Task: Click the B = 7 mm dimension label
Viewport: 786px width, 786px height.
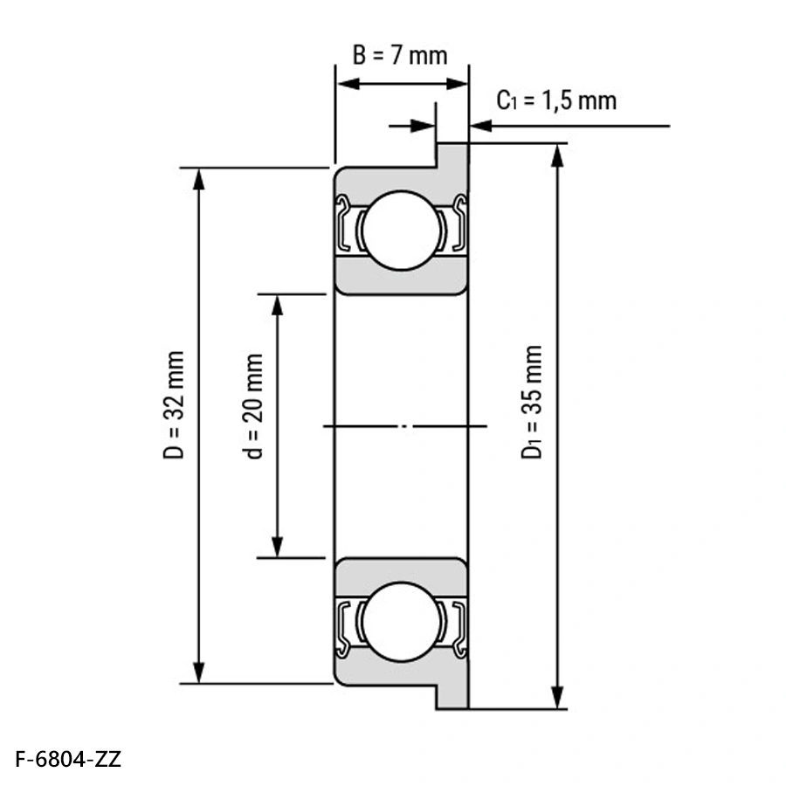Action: tap(399, 55)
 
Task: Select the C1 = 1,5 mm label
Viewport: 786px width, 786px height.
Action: tap(556, 100)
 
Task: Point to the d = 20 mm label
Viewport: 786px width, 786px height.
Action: tap(254, 406)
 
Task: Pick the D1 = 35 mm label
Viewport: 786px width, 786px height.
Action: tap(532, 402)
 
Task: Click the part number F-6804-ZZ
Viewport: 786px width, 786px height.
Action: tap(68, 758)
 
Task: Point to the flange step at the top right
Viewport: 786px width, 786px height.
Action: tap(452, 155)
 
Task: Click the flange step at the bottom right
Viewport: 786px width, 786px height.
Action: tap(452, 696)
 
